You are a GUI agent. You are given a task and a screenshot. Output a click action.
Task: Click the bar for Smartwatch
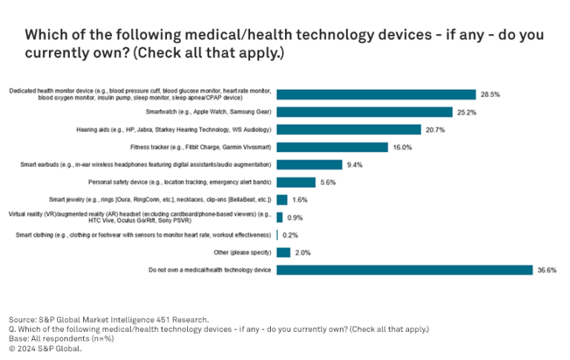(x=364, y=112)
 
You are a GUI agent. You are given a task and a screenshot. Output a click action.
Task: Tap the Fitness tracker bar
(x=332, y=147)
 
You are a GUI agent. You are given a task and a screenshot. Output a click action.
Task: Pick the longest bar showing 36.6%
(x=404, y=269)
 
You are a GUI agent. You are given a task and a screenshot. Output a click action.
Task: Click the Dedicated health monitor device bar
(x=376, y=94)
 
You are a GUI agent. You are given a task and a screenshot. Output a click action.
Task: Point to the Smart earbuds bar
(x=309, y=164)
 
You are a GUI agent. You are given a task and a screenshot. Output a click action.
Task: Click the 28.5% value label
(x=490, y=95)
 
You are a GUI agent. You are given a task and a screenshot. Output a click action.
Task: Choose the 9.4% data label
(x=356, y=165)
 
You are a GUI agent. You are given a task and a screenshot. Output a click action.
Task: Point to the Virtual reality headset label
(x=140, y=217)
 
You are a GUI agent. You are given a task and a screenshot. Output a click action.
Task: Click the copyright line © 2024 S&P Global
(x=45, y=348)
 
